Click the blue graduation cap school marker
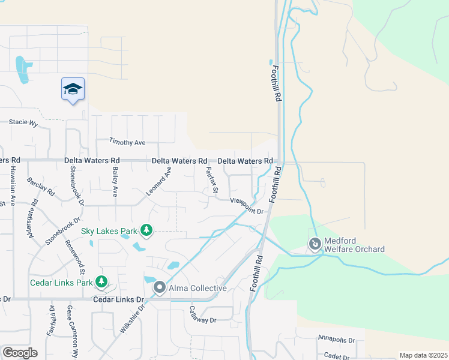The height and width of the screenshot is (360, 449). (x=73, y=89)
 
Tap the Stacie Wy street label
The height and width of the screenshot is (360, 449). (x=23, y=122)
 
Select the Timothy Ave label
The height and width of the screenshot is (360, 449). (x=127, y=142)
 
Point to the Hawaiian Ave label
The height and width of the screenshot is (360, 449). (x=12, y=182)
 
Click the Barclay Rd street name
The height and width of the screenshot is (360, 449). (x=41, y=187)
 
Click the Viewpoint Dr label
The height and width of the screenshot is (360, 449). (x=247, y=206)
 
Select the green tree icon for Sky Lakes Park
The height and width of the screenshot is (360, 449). (x=146, y=230)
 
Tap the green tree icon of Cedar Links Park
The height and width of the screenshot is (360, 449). (x=101, y=281)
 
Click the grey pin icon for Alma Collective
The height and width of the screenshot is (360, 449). (x=159, y=288)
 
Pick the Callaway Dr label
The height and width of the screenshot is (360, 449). (x=202, y=315)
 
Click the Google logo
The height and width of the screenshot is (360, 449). (x=20, y=353)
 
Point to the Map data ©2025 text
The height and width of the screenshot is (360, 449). (x=423, y=355)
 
